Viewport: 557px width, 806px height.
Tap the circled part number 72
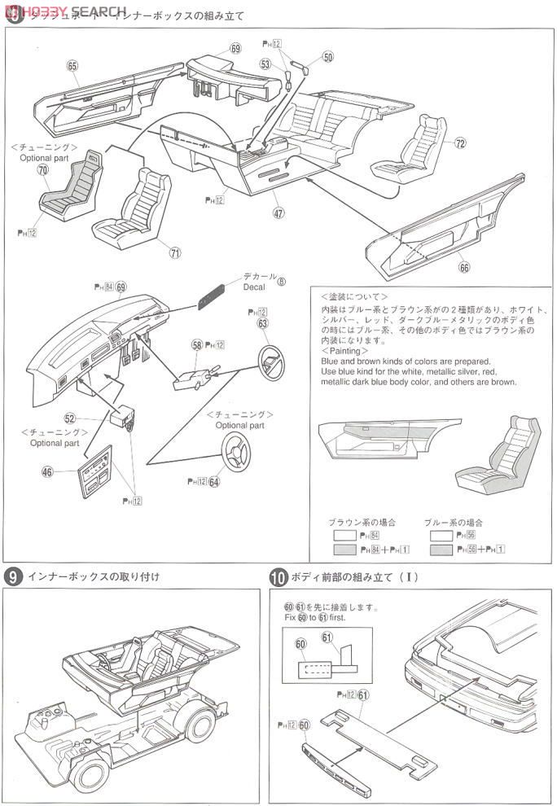click(x=460, y=143)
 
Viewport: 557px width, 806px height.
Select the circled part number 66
click(x=463, y=267)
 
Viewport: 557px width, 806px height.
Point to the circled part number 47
click(x=278, y=213)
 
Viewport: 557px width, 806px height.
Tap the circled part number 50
click(x=327, y=57)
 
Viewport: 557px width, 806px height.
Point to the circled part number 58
click(x=197, y=345)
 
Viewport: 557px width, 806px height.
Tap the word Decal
click(x=253, y=287)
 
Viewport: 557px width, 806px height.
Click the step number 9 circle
click(x=13, y=577)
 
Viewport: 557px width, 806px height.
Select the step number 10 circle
click(x=278, y=578)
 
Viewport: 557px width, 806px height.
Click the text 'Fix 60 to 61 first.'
click(x=317, y=617)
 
